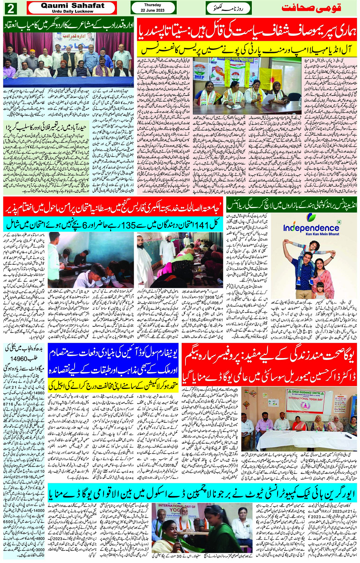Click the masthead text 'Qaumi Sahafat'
[72, 6]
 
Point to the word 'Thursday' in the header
[152, 5]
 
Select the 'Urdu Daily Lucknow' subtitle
[72, 11]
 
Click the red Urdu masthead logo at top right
[311, 8]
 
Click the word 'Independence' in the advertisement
[311, 228]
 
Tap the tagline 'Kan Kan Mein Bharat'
[311, 234]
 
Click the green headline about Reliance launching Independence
[292, 205]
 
